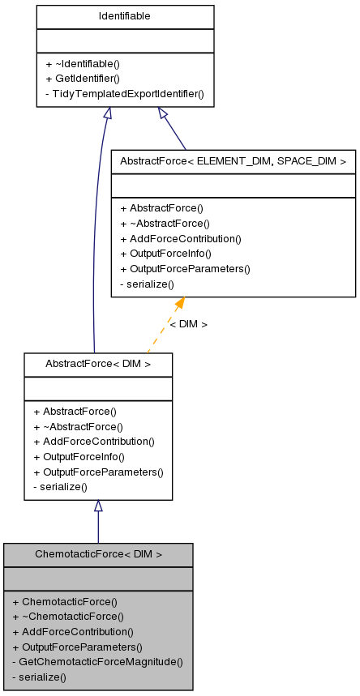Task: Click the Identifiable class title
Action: [x=125, y=16]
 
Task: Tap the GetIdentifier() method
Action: [x=82, y=79]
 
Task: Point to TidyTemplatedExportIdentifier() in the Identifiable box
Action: [x=124, y=93]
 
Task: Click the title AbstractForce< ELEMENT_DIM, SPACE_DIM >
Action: [x=233, y=161]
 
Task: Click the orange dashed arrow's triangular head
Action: [x=178, y=304]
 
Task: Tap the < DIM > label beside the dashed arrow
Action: [x=188, y=324]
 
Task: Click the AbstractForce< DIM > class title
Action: [x=98, y=365]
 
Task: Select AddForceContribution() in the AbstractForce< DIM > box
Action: [x=93, y=442]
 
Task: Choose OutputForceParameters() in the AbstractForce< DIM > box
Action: [x=98, y=472]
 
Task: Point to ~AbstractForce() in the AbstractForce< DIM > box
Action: [x=78, y=426]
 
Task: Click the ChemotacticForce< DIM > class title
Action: [x=98, y=554]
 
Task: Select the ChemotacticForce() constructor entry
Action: [x=65, y=602]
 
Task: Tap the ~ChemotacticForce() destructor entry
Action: [x=68, y=617]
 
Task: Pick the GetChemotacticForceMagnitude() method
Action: [x=97, y=661]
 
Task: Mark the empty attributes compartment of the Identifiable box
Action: [x=125, y=40]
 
